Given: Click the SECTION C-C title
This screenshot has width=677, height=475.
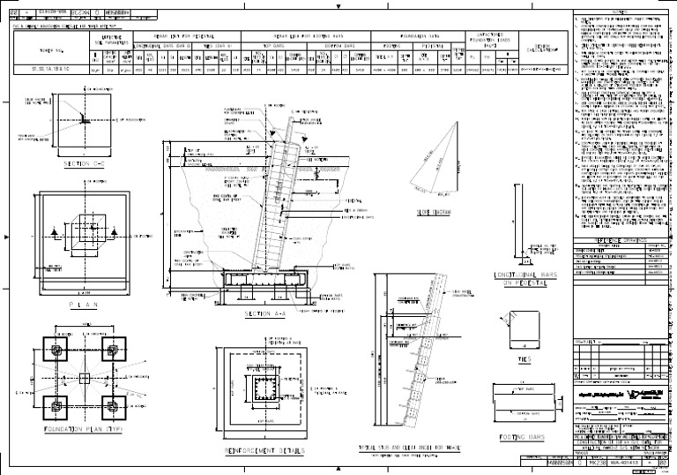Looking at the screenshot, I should [x=85, y=163].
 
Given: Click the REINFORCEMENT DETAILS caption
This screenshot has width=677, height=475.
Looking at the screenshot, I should [x=264, y=449].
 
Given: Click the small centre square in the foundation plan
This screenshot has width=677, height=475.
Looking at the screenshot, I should [x=85, y=379].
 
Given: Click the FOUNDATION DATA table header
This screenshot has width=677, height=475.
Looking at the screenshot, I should [x=413, y=37].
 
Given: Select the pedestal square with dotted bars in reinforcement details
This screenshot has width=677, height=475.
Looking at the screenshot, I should [x=264, y=389].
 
